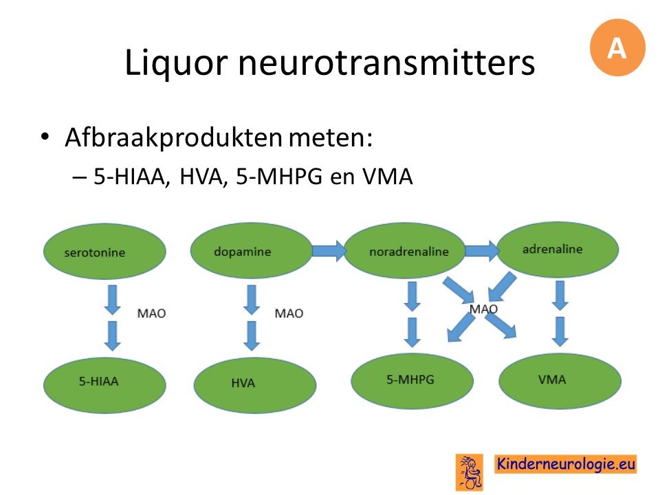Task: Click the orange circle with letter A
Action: (x=617, y=47)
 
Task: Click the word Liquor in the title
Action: (x=176, y=63)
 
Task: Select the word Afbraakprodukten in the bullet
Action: (x=173, y=137)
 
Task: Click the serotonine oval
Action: (x=104, y=252)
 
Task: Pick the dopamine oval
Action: (x=252, y=250)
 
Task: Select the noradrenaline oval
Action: (x=405, y=250)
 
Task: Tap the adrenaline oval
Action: (x=558, y=249)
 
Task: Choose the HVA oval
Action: (x=255, y=385)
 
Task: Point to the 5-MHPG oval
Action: (x=412, y=381)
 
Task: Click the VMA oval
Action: (x=560, y=381)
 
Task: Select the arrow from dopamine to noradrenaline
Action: (x=329, y=252)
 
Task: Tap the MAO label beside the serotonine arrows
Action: (x=151, y=313)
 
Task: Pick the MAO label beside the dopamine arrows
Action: (x=289, y=313)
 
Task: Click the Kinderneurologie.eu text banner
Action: (x=565, y=464)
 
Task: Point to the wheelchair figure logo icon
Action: (x=469, y=472)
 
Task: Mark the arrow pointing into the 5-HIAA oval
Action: (x=112, y=336)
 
